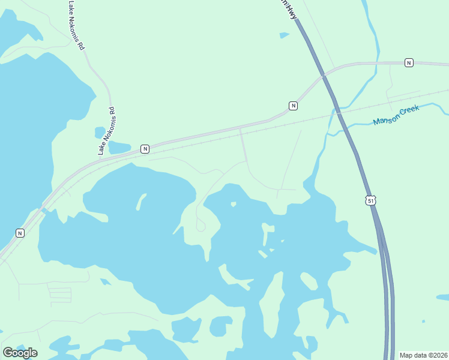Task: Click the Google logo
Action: tap(20, 352)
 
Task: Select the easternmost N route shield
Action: tap(409, 62)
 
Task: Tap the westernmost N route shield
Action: tap(20, 233)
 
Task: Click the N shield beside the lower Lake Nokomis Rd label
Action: tap(145, 149)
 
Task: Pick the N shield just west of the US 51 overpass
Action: tap(293, 106)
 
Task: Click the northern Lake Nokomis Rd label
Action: tap(76, 25)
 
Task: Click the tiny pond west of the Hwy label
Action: tap(285, 35)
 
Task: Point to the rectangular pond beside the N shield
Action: tap(119, 147)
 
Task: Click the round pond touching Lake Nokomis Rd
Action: tap(100, 133)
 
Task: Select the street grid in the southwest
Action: tap(59, 295)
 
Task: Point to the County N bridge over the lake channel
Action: tap(44, 211)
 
